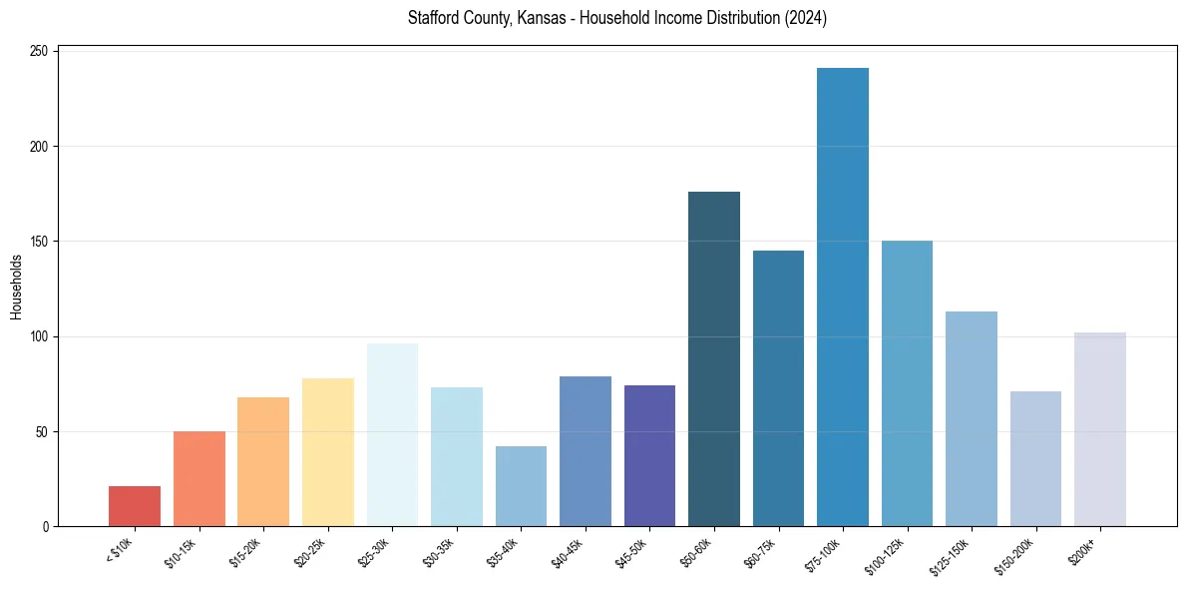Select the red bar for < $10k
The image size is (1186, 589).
pyautogui.click(x=135, y=506)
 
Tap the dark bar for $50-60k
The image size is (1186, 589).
pyautogui.click(x=714, y=359)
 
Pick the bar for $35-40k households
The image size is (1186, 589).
pyautogui.click(x=521, y=486)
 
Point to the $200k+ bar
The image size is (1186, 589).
pyautogui.click(x=1100, y=429)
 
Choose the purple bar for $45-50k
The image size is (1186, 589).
pyautogui.click(x=649, y=456)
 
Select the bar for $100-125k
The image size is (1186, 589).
pyautogui.click(x=907, y=384)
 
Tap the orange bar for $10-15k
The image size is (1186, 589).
pyautogui.click(x=199, y=479)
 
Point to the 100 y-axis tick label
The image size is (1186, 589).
pyautogui.click(x=42, y=336)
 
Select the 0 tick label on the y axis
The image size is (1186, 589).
pyautogui.click(x=47, y=527)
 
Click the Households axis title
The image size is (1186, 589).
pyautogui.click(x=16, y=287)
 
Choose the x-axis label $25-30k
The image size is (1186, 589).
pyautogui.click(x=374, y=552)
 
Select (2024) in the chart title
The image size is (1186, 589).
pyautogui.click(x=805, y=18)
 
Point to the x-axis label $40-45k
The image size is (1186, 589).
pyautogui.click(x=568, y=552)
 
